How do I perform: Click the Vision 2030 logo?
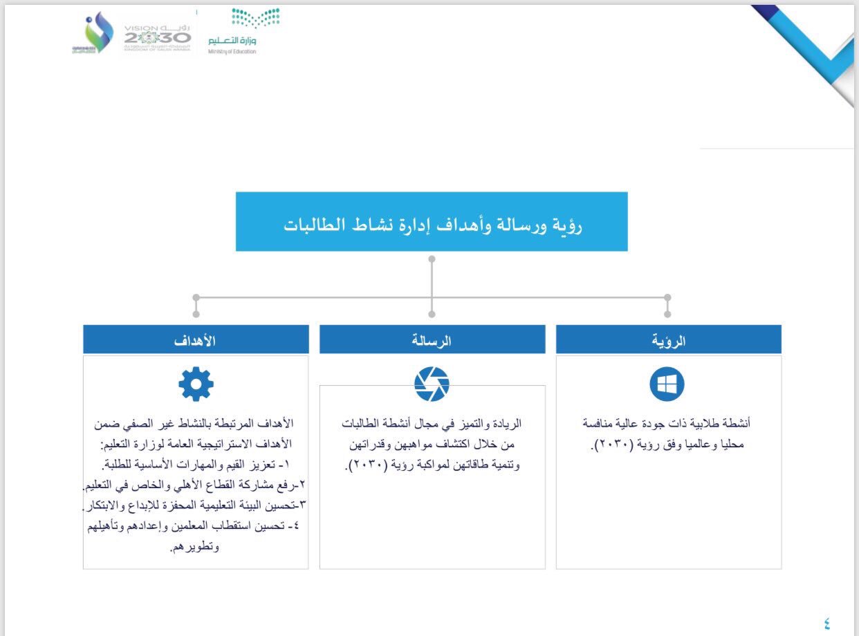(x=157, y=35)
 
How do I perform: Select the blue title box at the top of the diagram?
(x=432, y=221)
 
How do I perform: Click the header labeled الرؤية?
(x=668, y=339)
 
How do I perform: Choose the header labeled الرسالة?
(x=432, y=339)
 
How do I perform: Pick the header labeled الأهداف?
(x=196, y=339)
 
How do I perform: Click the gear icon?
(x=196, y=384)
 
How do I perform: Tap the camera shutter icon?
(x=432, y=384)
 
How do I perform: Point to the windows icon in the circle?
(x=667, y=384)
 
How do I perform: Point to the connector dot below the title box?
(x=432, y=259)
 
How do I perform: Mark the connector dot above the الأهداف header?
(x=196, y=297)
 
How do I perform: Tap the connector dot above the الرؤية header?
(x=667, y=297)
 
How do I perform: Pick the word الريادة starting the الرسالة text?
(x=505, y=423)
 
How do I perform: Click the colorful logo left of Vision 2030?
(x=94, y=35)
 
